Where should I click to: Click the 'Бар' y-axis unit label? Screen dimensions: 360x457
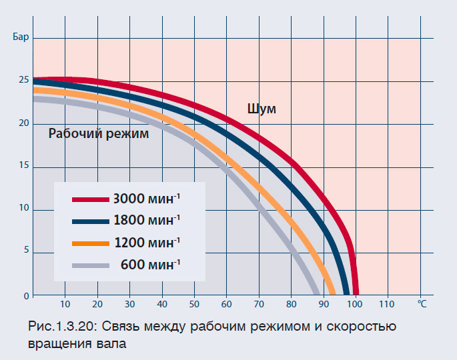click(x=20, y=35)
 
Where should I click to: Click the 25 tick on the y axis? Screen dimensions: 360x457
click(x=23, y=80)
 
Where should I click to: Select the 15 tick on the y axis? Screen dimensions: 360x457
click(x=23, y=167)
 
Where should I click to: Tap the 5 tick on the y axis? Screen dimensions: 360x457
click(x=25, y=251)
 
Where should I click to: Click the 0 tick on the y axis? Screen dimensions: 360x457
click(x=25, y=295)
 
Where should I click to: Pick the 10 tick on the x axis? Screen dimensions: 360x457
click(x=65, y=305)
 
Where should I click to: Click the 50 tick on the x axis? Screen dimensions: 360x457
click(x=194, y=305)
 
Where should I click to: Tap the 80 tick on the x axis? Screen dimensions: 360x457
click(x=291, y=305)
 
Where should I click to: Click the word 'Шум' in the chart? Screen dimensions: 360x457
click(x=262, y=109)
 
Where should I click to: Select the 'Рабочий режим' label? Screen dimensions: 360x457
click(x=99, y=133)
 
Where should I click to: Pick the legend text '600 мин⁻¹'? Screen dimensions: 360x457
click(x=150, y=264)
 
